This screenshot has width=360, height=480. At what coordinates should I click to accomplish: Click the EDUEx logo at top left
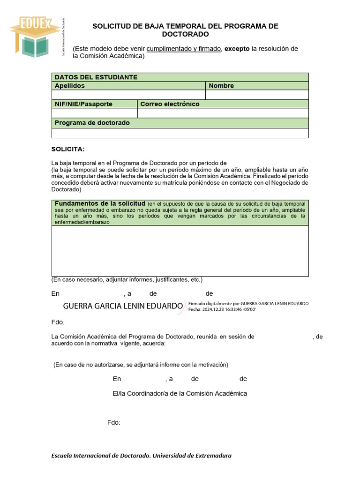(x=35, y=37)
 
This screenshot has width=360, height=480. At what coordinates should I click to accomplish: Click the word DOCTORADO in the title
(x=185, y=34)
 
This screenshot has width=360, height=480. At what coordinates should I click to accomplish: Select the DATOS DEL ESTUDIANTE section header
(x=96, y=77)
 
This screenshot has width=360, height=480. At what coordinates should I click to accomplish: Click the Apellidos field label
(x=70, y=86)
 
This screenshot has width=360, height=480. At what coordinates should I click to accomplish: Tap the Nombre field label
(x=221, y=86)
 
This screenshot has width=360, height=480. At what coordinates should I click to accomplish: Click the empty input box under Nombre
(x=257, y=95)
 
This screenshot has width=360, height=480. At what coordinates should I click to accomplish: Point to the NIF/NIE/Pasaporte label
(x=83, y=104)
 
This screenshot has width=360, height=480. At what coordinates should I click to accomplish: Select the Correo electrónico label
(x=170, y=104)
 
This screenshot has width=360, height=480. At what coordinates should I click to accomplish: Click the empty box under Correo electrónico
(x=223, y=113)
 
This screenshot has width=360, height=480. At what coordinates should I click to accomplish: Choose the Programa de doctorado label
(x=92, y=123)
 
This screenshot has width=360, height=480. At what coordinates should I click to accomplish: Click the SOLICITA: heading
(x=68, y=149)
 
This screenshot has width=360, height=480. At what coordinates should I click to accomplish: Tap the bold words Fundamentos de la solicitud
(x=100, y=203)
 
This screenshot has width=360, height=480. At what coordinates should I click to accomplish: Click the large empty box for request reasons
(x=180, y=251)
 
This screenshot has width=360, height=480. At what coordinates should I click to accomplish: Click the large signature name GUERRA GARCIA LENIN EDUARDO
(x=123, y=306)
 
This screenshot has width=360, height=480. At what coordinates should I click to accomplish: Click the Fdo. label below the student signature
(x=58, y=322)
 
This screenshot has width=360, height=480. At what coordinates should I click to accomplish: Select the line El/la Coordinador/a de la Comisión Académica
(x=180, y=394)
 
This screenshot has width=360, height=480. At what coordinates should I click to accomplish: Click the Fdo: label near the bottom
(x=113, y=423)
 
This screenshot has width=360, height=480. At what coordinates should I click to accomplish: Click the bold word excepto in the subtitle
(x=237, y=49)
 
